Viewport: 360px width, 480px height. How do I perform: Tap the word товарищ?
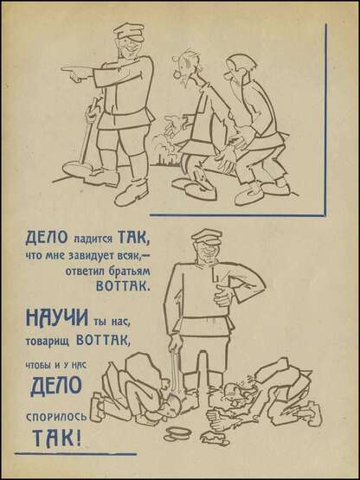(48, 342)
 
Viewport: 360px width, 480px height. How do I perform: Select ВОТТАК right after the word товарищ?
(103, 340)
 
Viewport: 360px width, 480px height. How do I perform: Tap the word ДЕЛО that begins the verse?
(47, 238)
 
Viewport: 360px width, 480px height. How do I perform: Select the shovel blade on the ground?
(78, 169)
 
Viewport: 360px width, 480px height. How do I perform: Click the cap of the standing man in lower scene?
(206, 236)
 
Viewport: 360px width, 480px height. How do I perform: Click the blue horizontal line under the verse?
(75, 454)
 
